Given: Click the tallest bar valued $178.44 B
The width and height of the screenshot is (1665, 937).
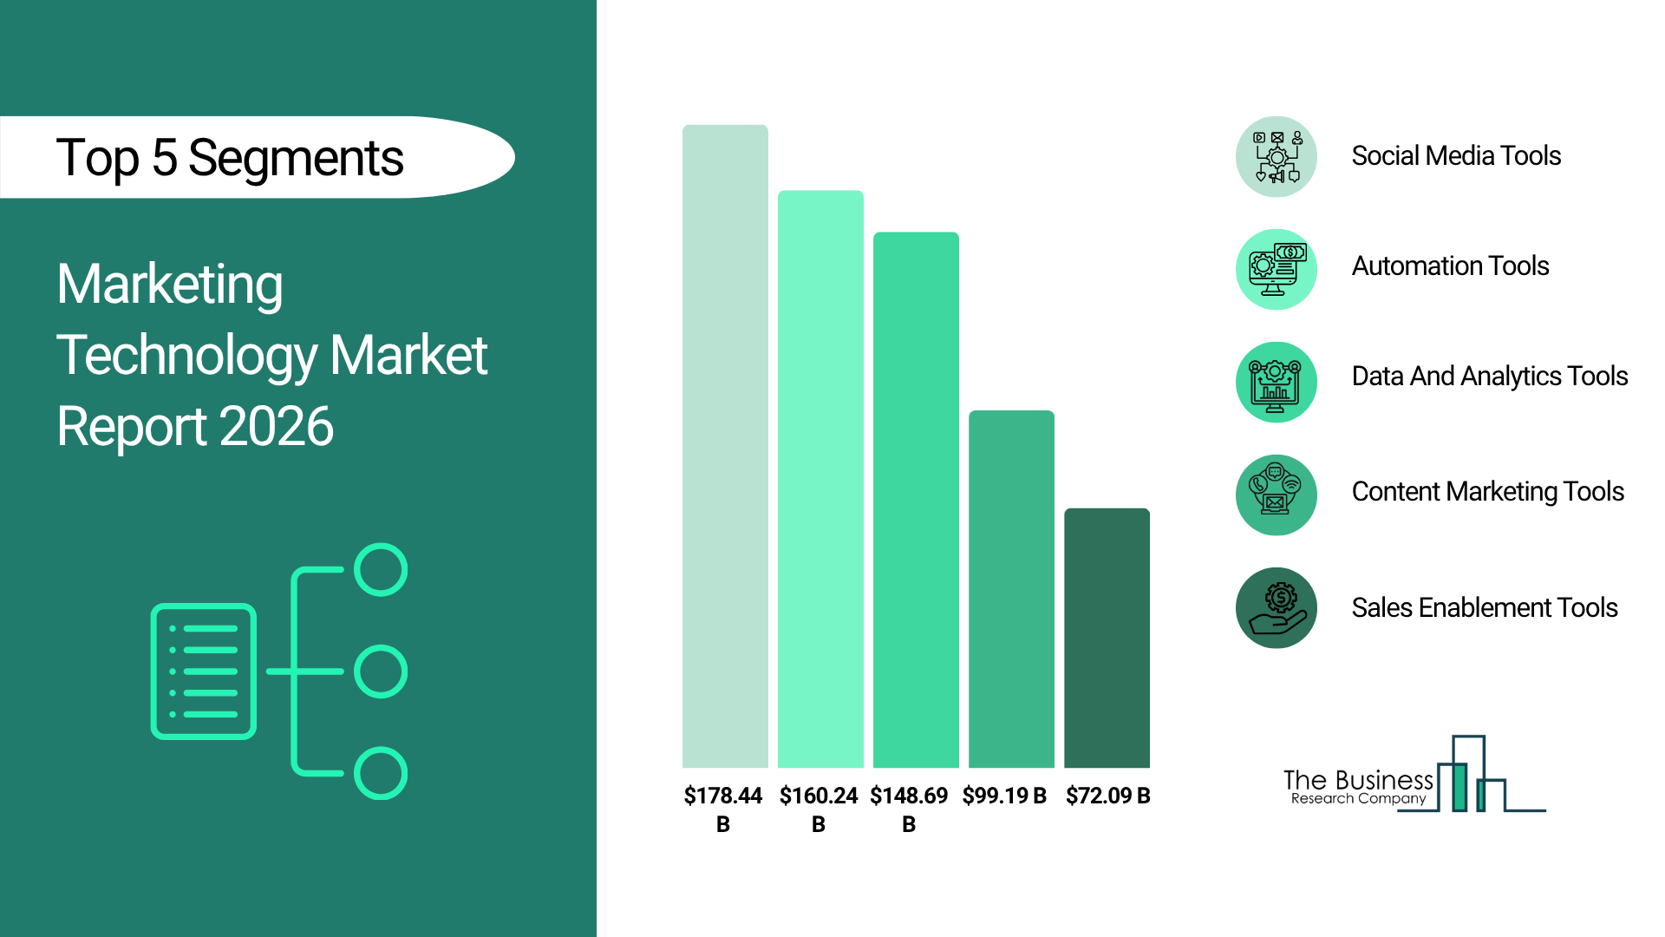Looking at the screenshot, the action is point(725,446).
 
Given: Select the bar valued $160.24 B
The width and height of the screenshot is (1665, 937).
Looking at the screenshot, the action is point(820,479).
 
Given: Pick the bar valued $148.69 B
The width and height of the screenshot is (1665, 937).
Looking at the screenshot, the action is point(916,500).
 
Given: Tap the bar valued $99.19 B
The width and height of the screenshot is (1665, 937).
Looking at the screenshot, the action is point(1011,589).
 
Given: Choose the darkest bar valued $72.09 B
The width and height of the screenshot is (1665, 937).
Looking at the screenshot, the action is point(1107,638).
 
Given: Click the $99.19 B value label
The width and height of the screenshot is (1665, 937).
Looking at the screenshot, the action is point(1004,796).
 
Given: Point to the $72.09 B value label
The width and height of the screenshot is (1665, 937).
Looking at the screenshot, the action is point(1107,796).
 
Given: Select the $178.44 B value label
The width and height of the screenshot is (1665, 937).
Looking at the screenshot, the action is point(723,809).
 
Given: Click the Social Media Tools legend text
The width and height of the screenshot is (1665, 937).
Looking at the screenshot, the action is point(1456,156).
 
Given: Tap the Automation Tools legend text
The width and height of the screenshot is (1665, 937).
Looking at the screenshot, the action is point(1450,266).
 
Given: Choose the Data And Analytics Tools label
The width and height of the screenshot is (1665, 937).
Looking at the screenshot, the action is point(1490,377).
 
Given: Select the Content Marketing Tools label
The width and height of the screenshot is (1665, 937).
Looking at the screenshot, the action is point(1487,492).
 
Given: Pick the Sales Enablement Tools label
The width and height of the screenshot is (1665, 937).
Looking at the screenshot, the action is point(1485,607).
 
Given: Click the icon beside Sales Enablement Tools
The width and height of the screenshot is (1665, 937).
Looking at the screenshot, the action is point(1276,608).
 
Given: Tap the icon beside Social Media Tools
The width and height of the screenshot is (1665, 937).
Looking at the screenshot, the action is point(1276,157).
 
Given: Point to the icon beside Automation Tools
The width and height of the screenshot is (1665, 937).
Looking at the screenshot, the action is point(1276,270).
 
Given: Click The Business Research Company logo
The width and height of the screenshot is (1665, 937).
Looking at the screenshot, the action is point(1414,774).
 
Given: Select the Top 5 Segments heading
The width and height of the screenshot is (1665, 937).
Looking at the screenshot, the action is point(230,158).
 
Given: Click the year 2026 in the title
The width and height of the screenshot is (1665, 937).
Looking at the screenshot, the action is point(277,426).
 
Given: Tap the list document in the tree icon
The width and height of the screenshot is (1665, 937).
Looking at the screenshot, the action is point(204,672).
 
